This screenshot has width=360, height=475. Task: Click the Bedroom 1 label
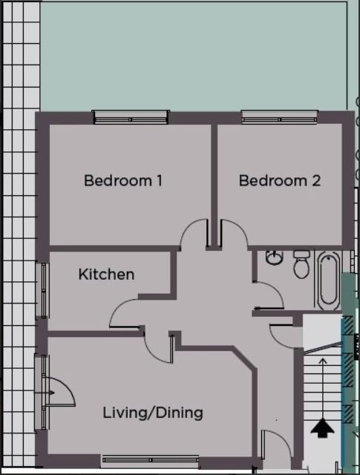tap(123, 180)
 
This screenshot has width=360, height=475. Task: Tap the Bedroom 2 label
tap(279, 180)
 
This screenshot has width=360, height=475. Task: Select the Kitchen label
tap(106, 274)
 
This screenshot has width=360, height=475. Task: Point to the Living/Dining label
tap(153, 413)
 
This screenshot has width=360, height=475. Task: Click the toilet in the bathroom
tap(301, 264)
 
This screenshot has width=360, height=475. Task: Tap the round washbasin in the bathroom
tap(274, 258)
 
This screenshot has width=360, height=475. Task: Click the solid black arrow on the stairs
tap(322, 427)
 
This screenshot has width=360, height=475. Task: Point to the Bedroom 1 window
tap(131, 117)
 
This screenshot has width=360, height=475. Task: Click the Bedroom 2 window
tap(279, 117)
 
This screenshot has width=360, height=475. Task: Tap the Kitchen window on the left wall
tap(43, 290)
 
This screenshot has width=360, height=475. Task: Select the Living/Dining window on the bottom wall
tap(150, 460)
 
